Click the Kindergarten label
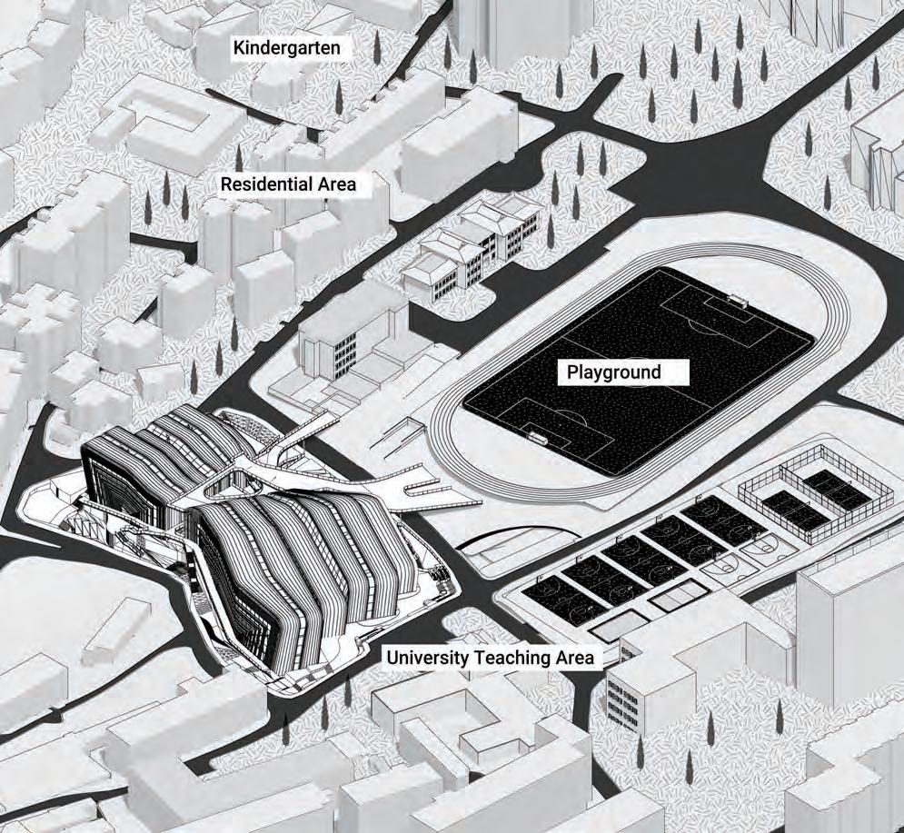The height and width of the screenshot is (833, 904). [x=291, y=48]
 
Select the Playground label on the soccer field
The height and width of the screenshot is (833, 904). [x=614, y=372]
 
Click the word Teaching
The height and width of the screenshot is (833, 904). [x=515, y=657]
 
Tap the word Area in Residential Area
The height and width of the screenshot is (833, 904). [x=330, y=185]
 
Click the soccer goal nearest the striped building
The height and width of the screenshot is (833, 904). [x=540, y=438]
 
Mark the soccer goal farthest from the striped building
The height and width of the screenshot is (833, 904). [x=738, y=299]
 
